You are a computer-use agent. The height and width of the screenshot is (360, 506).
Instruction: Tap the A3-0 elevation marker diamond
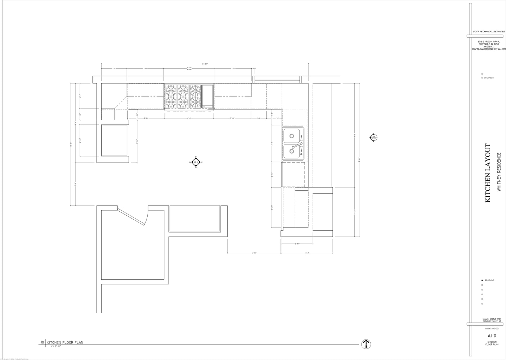point(196,162)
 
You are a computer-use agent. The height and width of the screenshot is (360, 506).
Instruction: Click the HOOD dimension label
point(189,69)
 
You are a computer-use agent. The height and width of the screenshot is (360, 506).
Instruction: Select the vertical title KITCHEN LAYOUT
point(488,173)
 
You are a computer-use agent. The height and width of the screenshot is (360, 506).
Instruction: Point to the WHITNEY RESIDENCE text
point(499,172)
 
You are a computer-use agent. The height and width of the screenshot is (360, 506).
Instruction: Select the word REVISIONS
point(489,280)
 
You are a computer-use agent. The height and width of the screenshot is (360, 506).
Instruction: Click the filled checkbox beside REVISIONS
point(482,280)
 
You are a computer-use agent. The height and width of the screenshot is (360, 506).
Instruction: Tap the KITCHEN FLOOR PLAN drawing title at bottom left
point(65,342)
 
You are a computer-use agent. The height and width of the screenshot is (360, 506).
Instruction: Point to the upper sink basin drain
point(292,136)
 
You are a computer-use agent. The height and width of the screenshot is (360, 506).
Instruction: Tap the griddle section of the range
point(207,96)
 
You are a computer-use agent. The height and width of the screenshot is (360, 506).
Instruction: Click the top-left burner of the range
point(171,89)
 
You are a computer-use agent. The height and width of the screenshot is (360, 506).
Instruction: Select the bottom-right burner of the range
point(195,102)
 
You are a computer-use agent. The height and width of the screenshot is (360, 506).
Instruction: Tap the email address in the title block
point(488,49)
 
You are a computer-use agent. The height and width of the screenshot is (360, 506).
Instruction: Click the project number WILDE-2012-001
point(492,328)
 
